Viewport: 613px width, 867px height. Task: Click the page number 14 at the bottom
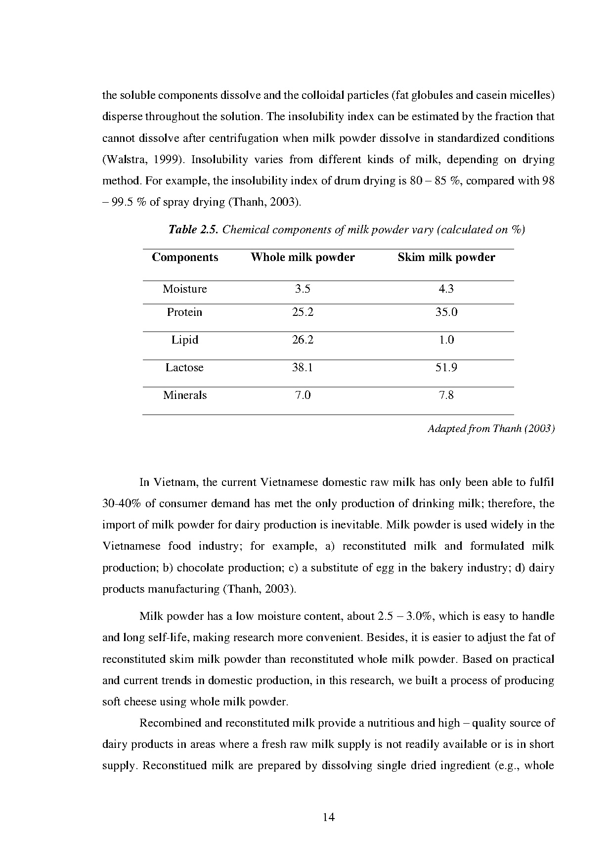click(328, 817)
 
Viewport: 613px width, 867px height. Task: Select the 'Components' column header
click(185, 257)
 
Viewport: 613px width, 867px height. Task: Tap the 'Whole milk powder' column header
click(303, 257)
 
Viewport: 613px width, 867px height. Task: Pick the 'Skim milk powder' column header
click(446, 257)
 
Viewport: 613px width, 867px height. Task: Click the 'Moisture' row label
click(184, 289)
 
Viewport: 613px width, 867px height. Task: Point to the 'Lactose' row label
click(184, 367)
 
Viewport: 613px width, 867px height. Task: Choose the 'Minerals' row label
click(185, 395)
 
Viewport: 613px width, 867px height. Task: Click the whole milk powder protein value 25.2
click(303, 312)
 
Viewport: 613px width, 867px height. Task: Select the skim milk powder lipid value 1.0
click(446, 340)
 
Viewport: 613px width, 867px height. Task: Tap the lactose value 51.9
click(446, 367)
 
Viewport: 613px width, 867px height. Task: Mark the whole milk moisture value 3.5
click(303, 289)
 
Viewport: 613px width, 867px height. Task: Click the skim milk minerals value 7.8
click(446, 395)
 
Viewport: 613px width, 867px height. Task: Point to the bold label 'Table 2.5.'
click(193, 229)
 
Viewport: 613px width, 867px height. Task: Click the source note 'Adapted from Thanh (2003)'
click(491, 429)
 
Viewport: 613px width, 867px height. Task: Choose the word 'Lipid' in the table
click(184, 340)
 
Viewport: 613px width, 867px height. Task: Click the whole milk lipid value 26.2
click(303, 340)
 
